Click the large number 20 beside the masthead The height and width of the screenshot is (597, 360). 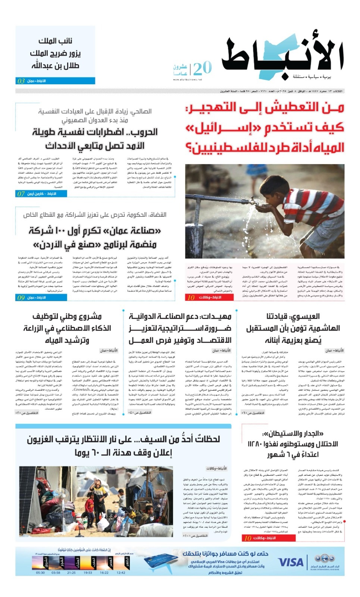(x=202, y=68)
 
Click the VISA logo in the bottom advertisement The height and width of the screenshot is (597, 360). (x=291, y=562)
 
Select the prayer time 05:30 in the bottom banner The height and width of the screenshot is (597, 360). (x=40, y=572)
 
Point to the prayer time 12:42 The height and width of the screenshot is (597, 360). (x=121, y=572)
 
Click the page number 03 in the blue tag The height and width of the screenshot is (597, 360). (x=21, y=81)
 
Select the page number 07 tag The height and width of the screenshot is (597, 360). (x=21, y=194)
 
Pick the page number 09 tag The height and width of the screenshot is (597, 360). (x=21, y=297)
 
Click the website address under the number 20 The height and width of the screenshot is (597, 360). (x=187, y=79)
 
